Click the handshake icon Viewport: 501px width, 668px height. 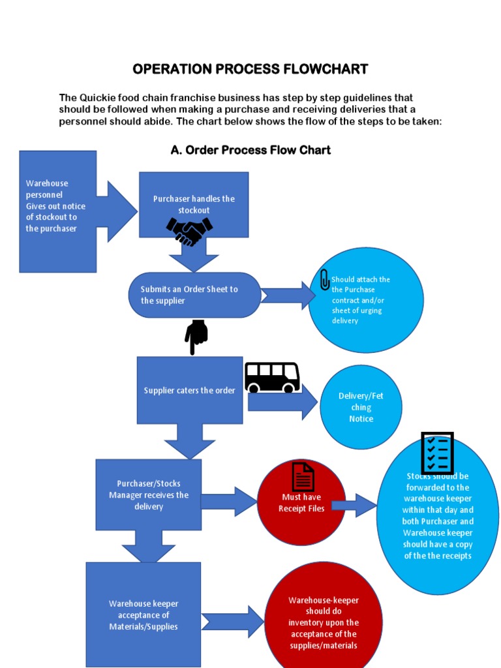[x=189, y=231]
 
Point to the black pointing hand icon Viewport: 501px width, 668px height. [x=196, y=336]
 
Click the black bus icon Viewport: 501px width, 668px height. [x=272, y=378]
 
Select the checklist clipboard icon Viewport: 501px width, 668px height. [x=437, y=453]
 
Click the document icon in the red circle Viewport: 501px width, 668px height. [x=302, y=477]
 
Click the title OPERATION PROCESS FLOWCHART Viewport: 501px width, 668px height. [x=250, y=69]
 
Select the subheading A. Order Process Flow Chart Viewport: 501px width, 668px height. [x=250, y=150]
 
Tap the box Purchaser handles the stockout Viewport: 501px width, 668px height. [x=194, y=204]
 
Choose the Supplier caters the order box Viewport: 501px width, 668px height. [x=189, y=390]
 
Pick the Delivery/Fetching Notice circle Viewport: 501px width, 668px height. [x=361, y=407]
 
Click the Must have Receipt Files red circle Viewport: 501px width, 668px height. [x=301, y=503]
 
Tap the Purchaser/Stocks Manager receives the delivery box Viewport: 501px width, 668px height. [x=149, y=494]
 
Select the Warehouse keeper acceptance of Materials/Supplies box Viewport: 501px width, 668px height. [x=144, y=615]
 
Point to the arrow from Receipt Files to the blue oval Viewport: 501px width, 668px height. [x=354, y=505]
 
